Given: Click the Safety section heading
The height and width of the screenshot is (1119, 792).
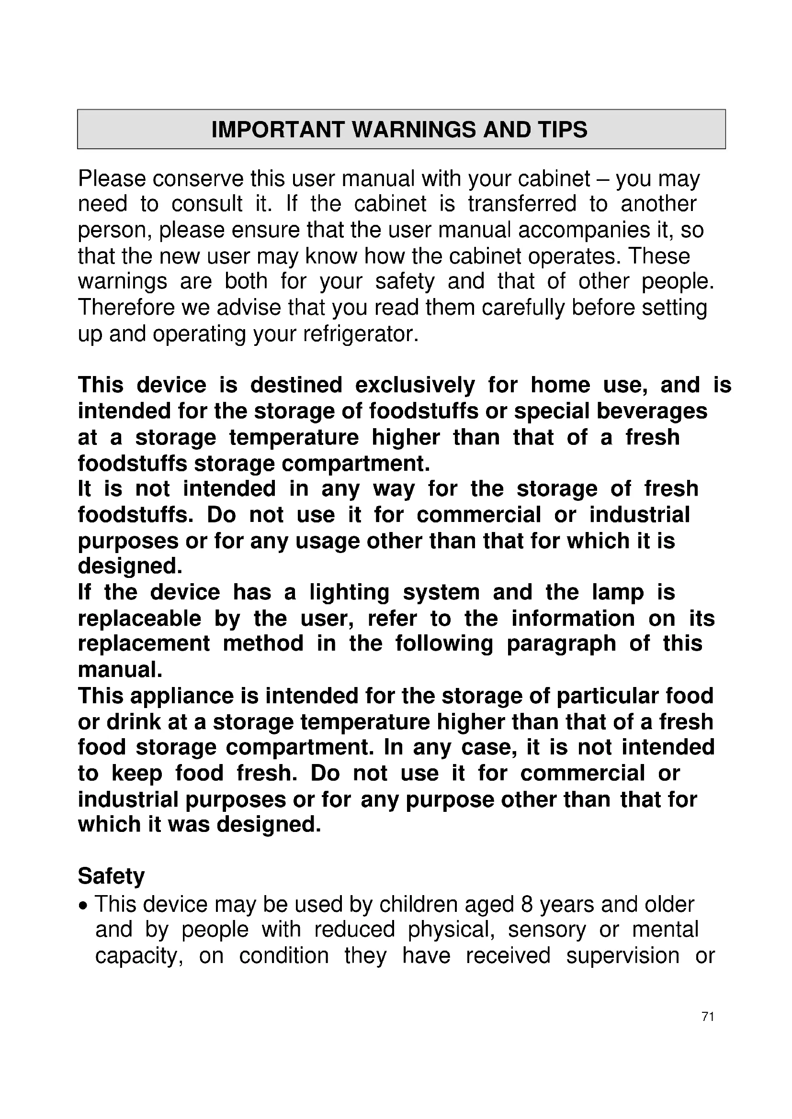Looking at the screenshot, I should pyautogui.click(x=111, y=876).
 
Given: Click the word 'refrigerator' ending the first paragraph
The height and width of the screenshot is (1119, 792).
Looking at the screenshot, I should pyautogui.click(x=361, y=334).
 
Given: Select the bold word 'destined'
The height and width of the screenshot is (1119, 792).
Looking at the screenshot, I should pyautogui.click(x=296, y=386).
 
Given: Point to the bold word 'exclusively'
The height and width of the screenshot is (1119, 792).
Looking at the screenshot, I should pyautogui.click(x=415, y=386).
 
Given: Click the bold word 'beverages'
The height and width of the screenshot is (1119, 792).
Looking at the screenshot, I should pyautogui.click(x=652, y=411).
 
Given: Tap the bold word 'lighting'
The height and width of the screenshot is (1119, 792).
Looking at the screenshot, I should pyautogui.click(x=349, y=593).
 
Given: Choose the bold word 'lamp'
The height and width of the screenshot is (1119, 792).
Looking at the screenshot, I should pyautogui.click(x=618, y=593).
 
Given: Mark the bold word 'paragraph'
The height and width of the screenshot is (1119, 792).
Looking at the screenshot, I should pyautogui.click(x=562, y=644).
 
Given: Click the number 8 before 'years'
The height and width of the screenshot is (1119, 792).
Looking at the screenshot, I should pyautogui.click(x=526, y=905).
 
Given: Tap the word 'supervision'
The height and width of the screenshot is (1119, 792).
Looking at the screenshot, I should pyautogui.click(x=623, y=956).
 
